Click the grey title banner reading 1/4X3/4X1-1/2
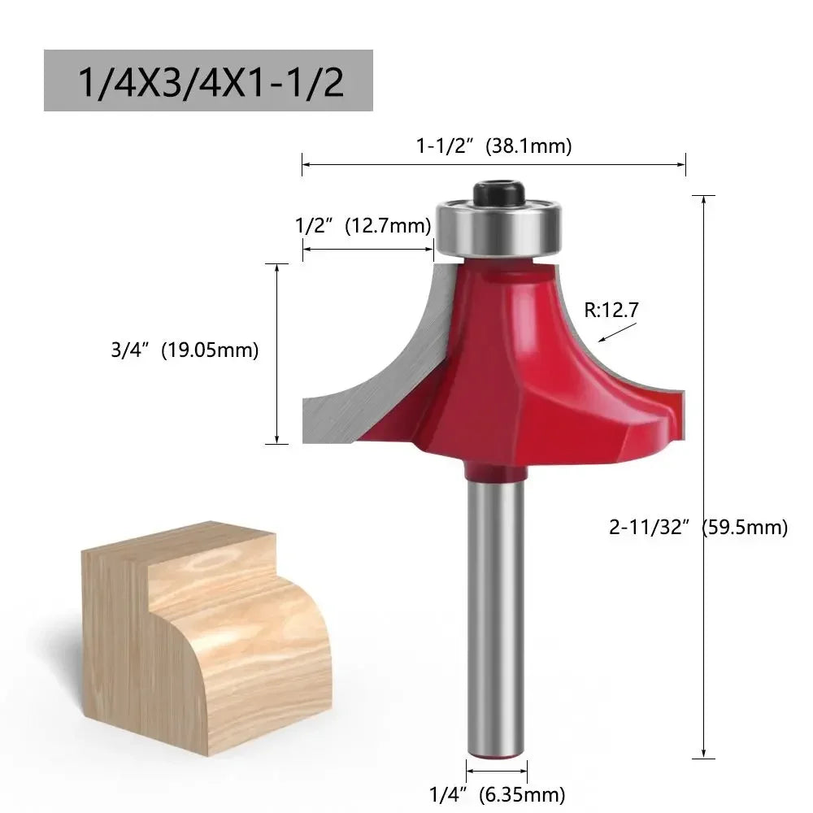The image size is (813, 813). click(x=208, y=80)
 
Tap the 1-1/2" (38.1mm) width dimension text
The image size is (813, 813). click(x=494, y=146)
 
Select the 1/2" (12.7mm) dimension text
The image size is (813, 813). click(x=363, y=225)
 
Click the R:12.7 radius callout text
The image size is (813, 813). click(x=612, y=309)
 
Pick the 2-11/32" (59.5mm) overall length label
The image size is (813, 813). click(x=698, y=527)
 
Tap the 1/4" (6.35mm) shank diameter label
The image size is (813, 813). click(x=497, y=794)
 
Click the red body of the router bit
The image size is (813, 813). click(x=520, y=366)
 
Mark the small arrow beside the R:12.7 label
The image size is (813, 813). click(x=618, y=333)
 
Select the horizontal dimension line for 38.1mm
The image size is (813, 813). click(x=494, y=164)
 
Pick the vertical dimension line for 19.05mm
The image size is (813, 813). click(x=278, y=354)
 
